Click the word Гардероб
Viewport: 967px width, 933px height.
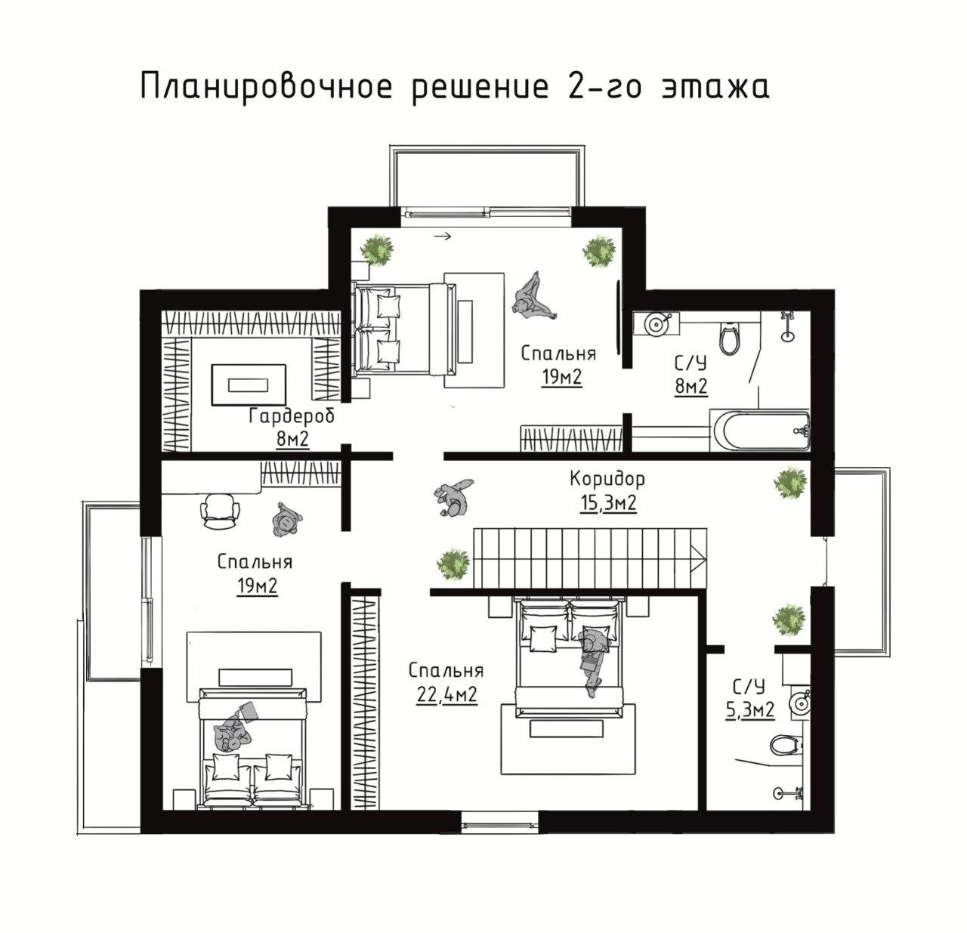pos(292,416)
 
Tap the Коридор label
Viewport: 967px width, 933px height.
pos(607,479)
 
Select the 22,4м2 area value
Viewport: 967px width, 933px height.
pos(446,694)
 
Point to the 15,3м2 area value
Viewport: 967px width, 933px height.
pos(608,503)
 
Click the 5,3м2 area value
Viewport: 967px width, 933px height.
pos(750,710)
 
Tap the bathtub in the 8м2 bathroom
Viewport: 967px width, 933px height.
pos(759,430)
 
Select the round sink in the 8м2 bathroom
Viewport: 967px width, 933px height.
pos(656,324)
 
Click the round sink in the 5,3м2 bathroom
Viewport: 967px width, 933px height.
pos(799,703)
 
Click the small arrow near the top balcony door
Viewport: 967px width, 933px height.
pos(442,236)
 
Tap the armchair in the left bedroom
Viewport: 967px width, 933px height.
pos(219,511)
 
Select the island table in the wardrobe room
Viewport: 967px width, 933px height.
pos(249,385)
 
